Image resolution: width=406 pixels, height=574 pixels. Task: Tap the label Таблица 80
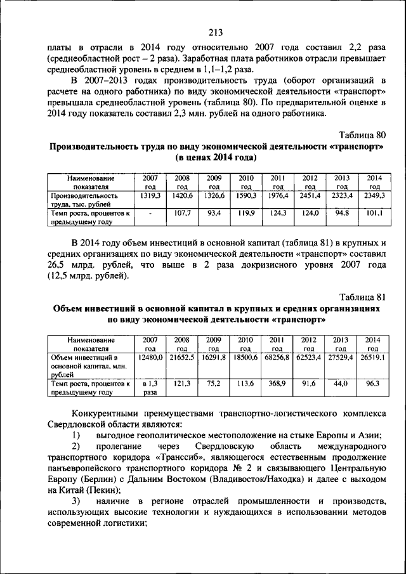coord(362,135)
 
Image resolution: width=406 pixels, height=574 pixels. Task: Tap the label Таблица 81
coord(362,297)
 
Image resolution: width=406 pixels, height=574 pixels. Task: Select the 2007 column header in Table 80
coord(150,183)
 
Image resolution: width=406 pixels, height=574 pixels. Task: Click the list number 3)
coord(75,501)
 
